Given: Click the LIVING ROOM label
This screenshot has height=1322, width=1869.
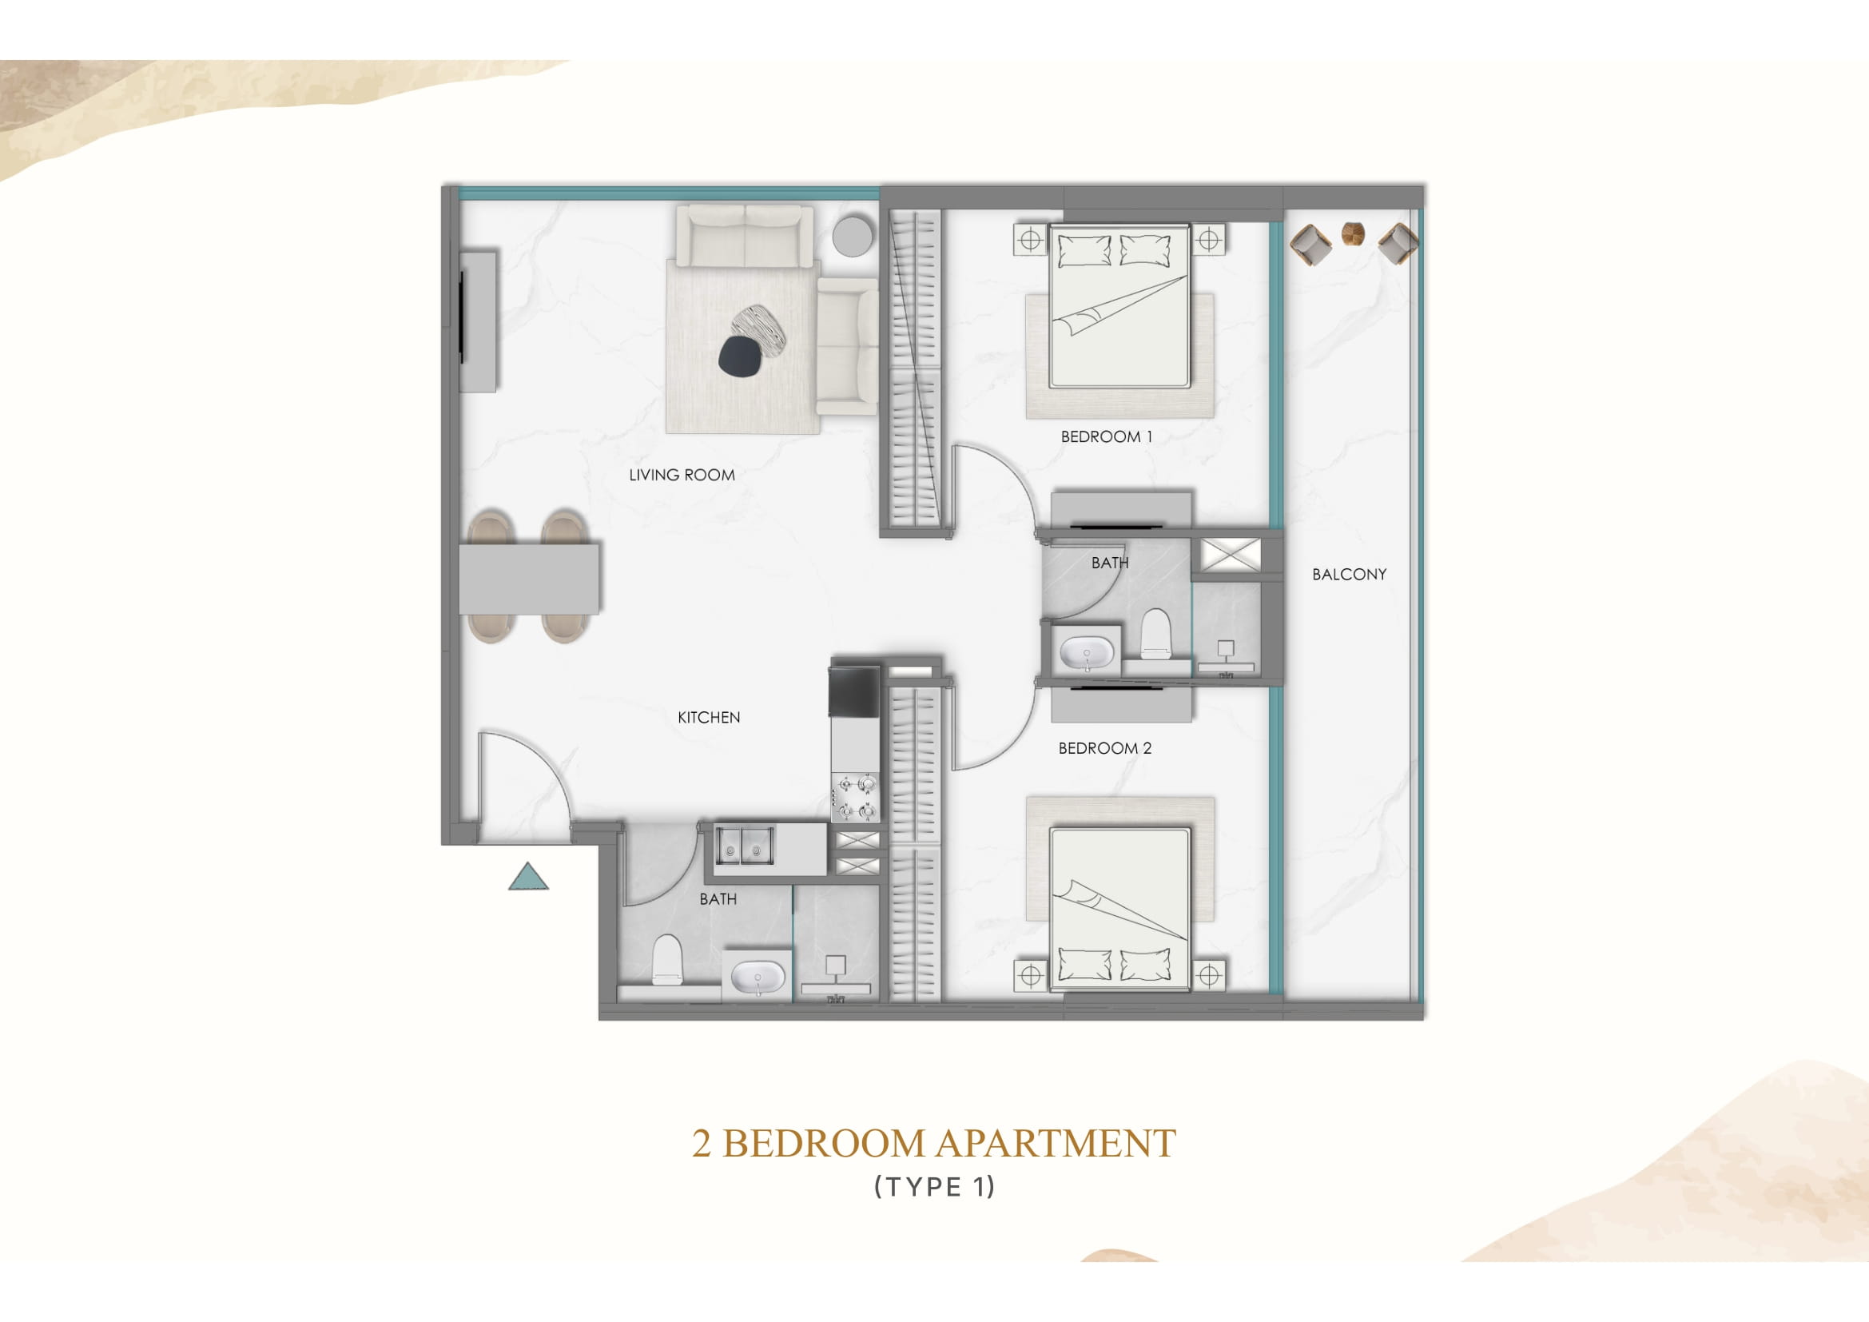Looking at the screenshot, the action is (682, 475).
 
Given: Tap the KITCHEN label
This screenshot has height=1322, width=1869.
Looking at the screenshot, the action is (709, 717).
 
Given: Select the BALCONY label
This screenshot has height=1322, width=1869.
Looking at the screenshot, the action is (1349, 574).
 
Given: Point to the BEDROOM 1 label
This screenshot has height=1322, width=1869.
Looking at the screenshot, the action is (1106, 436).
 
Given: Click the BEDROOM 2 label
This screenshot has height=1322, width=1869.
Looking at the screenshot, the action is (1104, 748).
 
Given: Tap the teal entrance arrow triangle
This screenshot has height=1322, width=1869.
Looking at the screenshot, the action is (528, 877).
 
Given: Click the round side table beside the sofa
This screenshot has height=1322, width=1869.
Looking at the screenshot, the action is (853, 236).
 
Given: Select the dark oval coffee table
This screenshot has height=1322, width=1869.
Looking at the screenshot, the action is (739, 356).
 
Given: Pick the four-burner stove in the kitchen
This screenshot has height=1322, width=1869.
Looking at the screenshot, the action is (856, 798).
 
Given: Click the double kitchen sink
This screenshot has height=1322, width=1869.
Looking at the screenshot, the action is (744, 847).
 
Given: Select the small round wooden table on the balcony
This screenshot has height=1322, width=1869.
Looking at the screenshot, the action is (1354, 233).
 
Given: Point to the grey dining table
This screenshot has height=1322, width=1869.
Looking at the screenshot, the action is (529, 579).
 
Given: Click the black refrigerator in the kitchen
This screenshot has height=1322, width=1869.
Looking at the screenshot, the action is (855, 692).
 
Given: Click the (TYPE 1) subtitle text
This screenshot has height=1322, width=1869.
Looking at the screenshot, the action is (935, 1187).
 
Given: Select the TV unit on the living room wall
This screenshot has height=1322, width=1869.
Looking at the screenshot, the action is (478, 321).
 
